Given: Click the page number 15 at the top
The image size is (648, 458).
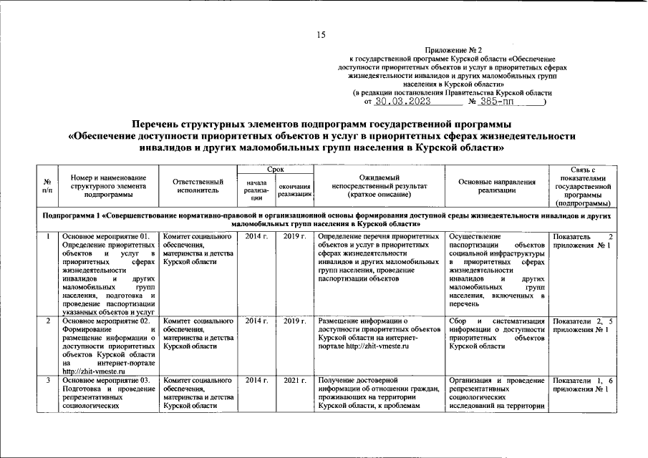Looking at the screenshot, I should [x=321, y=35].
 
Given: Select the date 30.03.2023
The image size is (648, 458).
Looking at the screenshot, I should [x=407, y=102].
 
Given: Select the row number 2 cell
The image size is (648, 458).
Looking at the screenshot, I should [x=47, y=321].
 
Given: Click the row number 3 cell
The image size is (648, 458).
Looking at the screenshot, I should [x=47, y=379].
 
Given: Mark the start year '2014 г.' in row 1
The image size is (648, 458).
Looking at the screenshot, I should [x=256, y=236].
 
